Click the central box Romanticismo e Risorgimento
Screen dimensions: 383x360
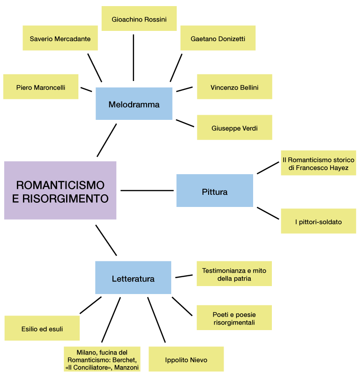[60, 191]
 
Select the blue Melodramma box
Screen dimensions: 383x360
[134, 104]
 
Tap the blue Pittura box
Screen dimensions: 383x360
[215, 191]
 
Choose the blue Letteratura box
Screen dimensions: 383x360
[133, 278]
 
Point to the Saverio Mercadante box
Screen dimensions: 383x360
[60, 38]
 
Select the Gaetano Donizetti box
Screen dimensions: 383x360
[218, 38]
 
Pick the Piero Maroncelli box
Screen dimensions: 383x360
[41, 87]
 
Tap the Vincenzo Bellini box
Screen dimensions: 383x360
[234, 87]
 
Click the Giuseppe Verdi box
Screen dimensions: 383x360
[234, 128]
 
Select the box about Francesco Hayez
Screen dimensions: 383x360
[318, 163]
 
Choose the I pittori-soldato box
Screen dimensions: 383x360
[318, 221]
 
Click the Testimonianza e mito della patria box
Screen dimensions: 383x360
[234, 274]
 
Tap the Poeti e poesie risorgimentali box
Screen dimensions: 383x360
[234, 318]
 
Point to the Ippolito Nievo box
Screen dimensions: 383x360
[186, 360]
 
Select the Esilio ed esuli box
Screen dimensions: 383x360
[42, 329]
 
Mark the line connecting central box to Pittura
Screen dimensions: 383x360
[147, 191]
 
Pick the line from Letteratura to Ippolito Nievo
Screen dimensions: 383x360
[157, 320]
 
